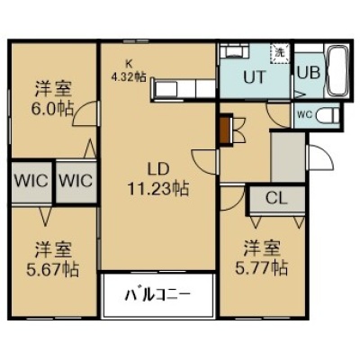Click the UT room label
pyautogui.click(x=255, y=76)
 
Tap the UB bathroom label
pyautogui.click(x=309, y=72)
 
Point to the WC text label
pyautogui.click(x=305, y=114)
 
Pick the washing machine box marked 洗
pyautogui.click(x=280, y=53)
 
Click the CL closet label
pyautogui.click(x=276, y=198)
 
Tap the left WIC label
pyautogui.click(x=31, y=181)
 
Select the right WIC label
pyautogui.click(x=76, y=181)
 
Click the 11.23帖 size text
pyautogui.click(x=158, y=189)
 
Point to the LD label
pyautogui.click(x=157, y=169)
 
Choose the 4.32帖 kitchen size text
pyautogui.click(x=129, y=77)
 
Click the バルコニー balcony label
pyautogui.click(x=157, y=295)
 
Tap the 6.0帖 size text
pyautogui.click(x=52, y=109)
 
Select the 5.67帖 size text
pyautogui.click(x=53, y=269)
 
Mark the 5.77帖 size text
pyautogui.click(x=261, y=268)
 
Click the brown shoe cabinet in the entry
pyautogui.click(x=227, y=130)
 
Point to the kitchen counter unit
pyautogui.click(x=184, y=89)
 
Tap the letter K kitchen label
pyautogui.click(x=129, y=64)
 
